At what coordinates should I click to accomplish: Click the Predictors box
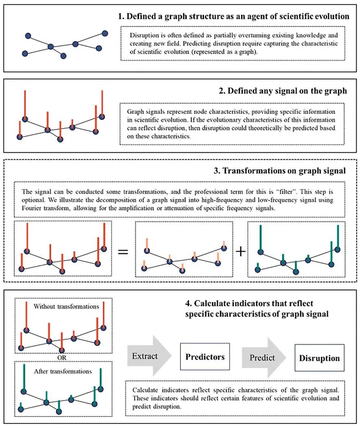[205, 357]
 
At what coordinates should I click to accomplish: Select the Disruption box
[319, 357]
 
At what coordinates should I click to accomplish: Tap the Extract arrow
[149, 356]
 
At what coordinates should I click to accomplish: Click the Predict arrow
[264, 357]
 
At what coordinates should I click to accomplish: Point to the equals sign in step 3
[123, 252]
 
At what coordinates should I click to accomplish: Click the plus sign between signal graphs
[241, 251]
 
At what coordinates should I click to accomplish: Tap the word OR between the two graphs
[62, 357]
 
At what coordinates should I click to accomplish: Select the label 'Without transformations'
[66, 306]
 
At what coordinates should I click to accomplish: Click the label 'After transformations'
[63, 371]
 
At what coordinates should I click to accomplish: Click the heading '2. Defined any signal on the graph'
[283, 90]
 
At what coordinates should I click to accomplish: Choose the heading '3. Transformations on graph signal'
[280, 171]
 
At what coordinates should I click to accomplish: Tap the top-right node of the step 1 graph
[105, 33]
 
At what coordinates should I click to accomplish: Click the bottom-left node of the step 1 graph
[25, 53]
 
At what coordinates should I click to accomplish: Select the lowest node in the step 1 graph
[63, 56]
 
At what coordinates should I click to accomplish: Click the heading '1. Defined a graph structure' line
[234, 16]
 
